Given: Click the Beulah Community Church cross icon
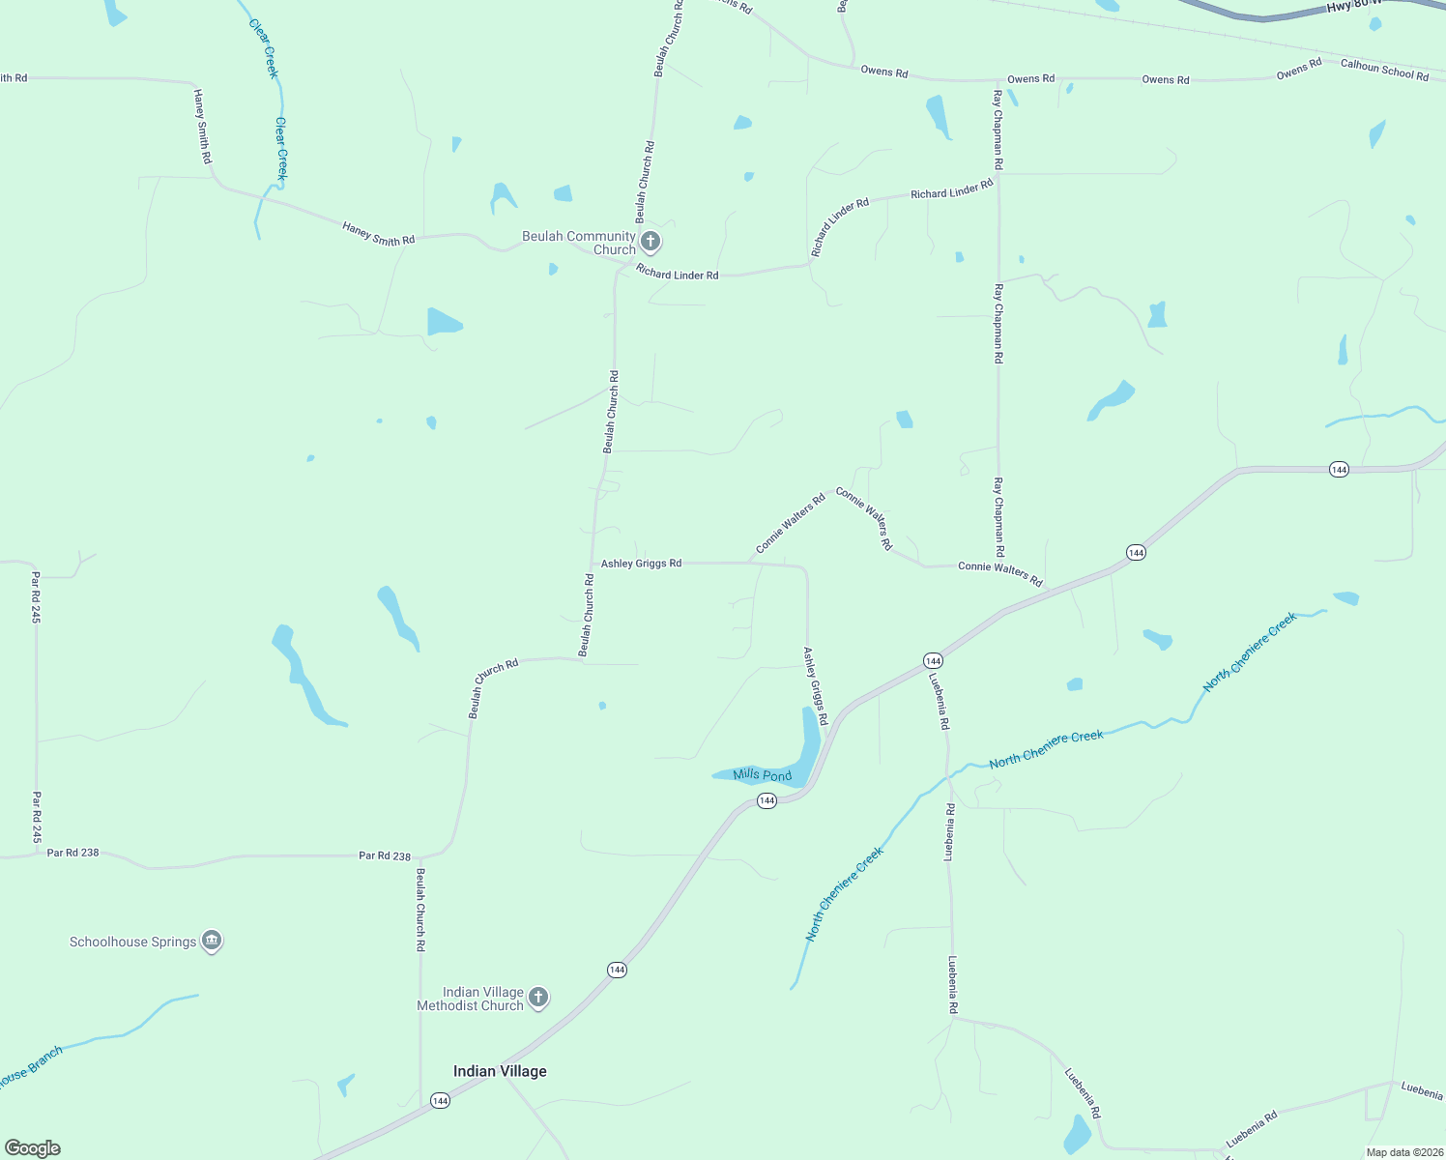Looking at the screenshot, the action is [651, 241].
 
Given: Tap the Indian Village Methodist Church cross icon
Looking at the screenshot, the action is [538, 997].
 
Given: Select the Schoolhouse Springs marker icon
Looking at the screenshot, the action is [212, 941].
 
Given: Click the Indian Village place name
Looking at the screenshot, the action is [500, 1071].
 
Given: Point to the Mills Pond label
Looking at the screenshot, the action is [762, 775].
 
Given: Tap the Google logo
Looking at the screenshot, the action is [33, 1148].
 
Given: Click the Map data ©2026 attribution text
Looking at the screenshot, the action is [1403, 1152].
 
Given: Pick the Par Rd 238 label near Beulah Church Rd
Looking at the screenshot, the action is [384, 855].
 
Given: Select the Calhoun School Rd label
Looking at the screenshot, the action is [1384, 70].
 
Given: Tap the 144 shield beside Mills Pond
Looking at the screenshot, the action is [766, 800].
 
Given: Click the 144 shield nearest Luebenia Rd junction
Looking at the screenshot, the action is [932, 661].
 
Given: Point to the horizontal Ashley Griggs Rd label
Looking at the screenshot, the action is [641, 564].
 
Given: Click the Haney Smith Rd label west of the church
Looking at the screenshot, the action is [378, 233].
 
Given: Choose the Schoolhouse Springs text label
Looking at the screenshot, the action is [132, 942].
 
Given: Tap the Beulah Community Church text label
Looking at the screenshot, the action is [579, 243].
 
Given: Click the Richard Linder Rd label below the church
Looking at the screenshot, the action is [677, 275].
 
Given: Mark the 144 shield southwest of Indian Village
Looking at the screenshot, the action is [440, 1101].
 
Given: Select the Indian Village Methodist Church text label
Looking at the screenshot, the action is [470, 999].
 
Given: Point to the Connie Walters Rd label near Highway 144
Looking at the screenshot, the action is [1000, 572].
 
